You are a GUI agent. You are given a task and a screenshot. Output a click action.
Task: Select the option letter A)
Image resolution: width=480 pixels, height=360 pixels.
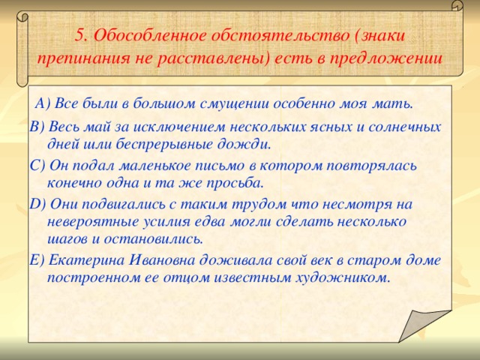click(42, 103)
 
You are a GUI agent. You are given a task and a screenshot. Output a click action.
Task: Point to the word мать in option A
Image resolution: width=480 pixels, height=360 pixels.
click(394, 103)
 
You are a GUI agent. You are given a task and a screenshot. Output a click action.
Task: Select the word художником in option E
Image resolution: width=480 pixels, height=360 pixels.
click(342, 278)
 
